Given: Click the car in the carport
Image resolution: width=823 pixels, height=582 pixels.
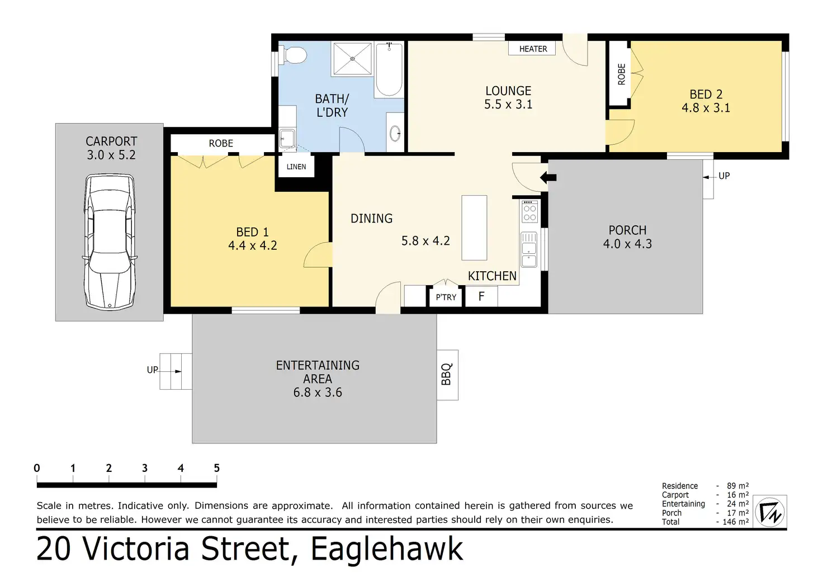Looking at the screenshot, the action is [110, 242].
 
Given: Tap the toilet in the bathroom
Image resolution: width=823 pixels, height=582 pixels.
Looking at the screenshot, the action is [292, 55].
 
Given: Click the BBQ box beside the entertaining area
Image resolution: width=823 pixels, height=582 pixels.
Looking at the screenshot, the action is [447, 375].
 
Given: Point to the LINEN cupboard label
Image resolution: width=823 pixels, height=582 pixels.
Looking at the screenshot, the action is [296, 167].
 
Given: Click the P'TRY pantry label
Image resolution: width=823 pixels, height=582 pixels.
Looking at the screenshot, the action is [446, 297].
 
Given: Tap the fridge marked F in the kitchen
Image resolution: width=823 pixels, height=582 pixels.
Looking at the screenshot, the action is [481, 296].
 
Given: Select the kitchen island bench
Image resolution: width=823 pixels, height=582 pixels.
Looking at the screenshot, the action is [474, 228].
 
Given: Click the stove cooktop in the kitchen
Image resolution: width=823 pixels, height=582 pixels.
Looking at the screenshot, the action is [529, 212].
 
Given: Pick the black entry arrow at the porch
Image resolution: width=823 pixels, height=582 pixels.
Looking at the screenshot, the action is [548, 177].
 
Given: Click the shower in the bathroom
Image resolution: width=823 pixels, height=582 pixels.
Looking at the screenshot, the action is [352, 59].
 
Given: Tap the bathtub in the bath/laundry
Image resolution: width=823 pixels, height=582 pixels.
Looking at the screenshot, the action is [389, 69].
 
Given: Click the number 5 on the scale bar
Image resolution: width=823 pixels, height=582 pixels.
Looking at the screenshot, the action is [217, 468].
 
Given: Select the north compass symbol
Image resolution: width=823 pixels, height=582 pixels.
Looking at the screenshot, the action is [770, 512].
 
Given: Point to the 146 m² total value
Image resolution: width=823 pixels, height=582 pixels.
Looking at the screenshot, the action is [736, 522].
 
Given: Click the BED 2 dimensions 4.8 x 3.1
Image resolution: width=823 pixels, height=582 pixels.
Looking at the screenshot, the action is [706, 108].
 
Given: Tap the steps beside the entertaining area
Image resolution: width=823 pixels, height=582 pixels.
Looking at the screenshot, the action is [176, 371].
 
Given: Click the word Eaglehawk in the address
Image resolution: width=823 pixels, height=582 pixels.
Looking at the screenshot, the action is [387, 549].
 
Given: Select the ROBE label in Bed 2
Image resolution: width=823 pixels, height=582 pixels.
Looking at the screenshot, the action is [621, 74].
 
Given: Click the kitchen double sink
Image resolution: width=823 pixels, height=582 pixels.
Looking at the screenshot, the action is [529, 249].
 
